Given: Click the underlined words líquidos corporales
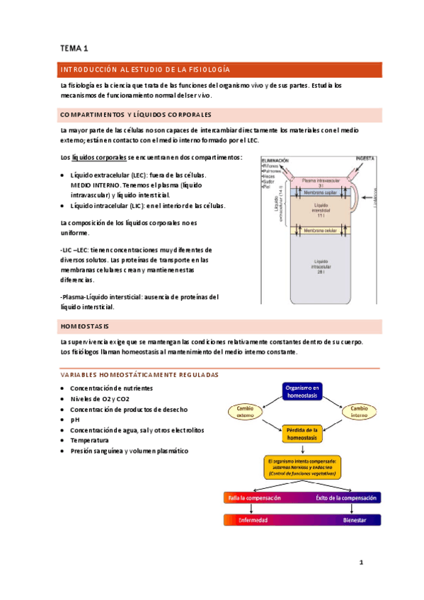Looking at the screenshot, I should [99, 157].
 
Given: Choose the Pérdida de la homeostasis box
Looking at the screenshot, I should [302, 433].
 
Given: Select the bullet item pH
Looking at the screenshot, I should [75, 419].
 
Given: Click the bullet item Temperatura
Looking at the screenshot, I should [90, 439].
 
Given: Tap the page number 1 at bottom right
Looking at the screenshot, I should [360, 563].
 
